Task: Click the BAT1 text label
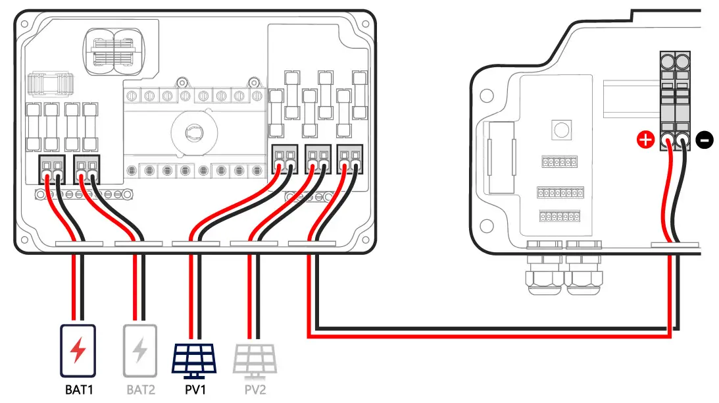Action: tap(79, 389)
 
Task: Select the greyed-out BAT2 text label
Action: tap(140, 389)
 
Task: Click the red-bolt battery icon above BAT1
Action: tap(78, 350)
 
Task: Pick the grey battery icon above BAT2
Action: tap(139, 350)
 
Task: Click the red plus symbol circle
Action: tap(645, 140)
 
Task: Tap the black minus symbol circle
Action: tap(704, 140)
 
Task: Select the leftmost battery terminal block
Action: tap(52, 169)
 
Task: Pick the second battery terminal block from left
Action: tap(87, 169)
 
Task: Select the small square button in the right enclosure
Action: tap(560, 128)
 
